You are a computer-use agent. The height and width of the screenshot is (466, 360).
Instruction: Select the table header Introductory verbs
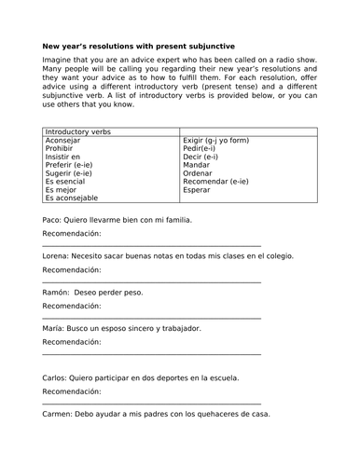(77, 132)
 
